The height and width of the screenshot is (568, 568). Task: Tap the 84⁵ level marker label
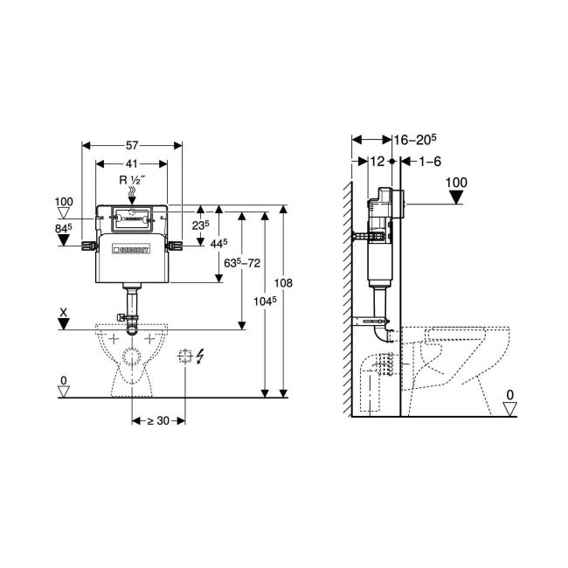click(x=64, y=229)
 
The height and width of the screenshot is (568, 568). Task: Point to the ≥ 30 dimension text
click(x=158, y=421)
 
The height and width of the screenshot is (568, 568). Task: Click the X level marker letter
click(x=63, y=311)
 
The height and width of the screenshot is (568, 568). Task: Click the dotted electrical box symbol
click(x=184, y=356)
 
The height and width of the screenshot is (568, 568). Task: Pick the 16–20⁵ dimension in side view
click(x=414, y=139)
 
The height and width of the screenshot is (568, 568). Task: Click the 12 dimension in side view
click(x=378, y=161)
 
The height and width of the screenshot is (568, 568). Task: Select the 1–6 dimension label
click(x=430, y=161)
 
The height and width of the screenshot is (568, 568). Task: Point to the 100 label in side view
click(x=456, y=183)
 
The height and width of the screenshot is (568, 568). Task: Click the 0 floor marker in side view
click(x=509, y=395)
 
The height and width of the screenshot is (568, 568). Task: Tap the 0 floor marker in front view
click(x=63, y=380)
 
